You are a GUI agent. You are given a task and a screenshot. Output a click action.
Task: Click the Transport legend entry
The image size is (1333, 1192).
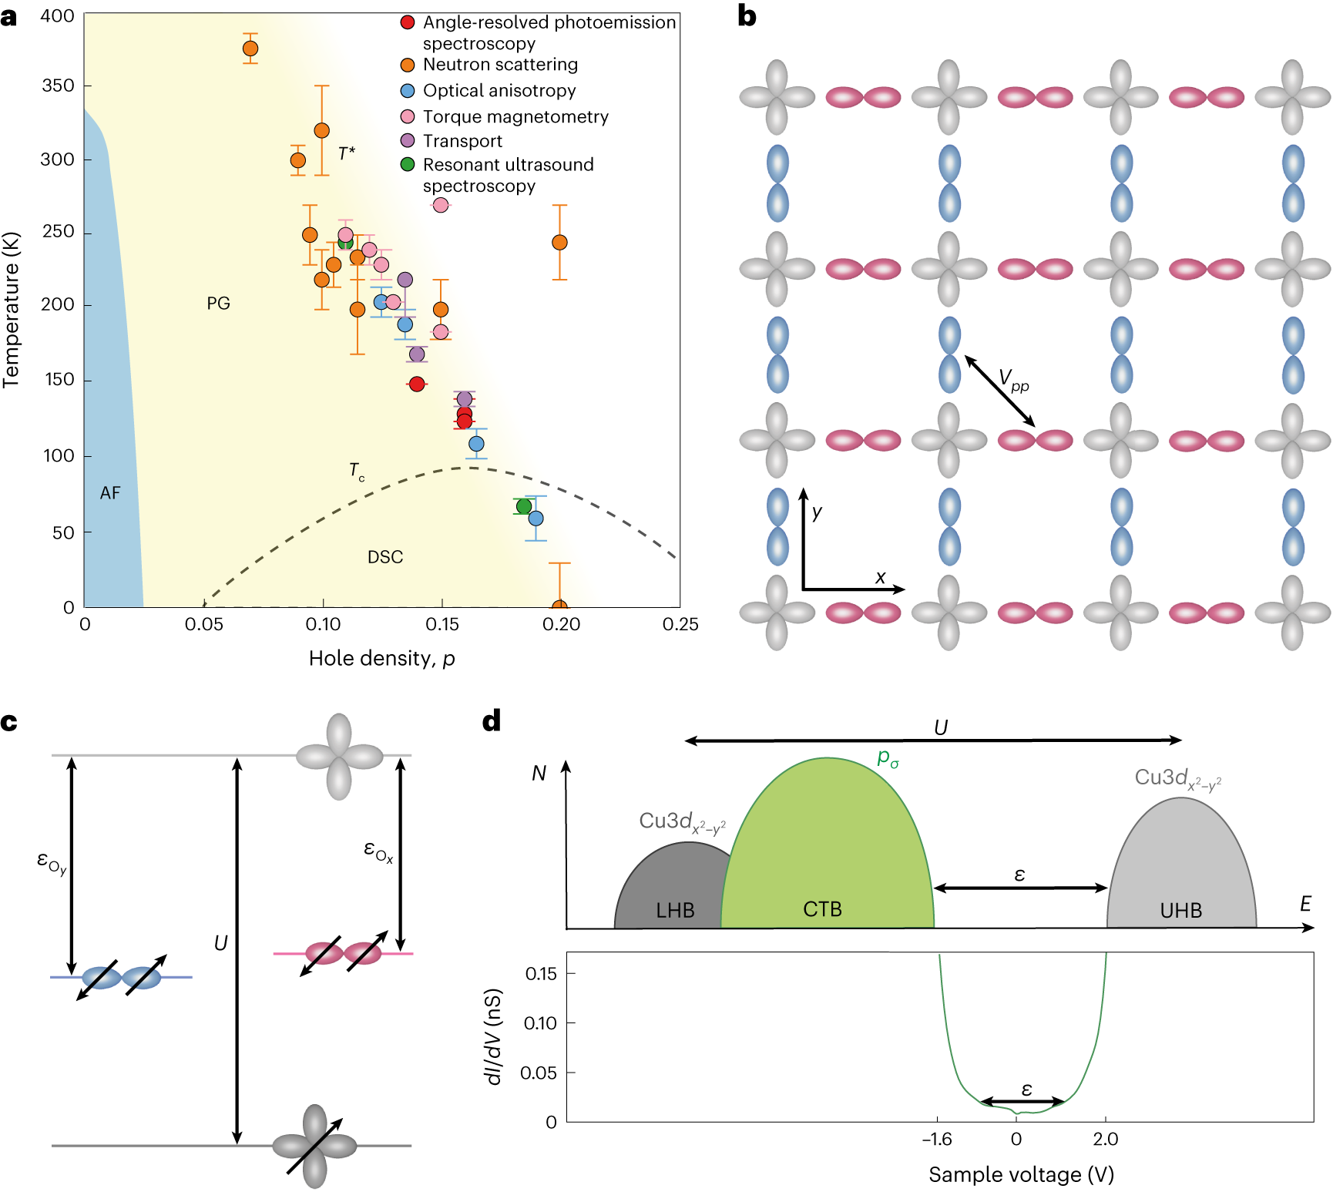[x=462, y=141]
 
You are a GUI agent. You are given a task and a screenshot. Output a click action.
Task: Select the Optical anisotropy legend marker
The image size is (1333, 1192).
[x=408, y=91]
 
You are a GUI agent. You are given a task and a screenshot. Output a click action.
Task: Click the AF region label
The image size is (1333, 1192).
[x=110, y=493]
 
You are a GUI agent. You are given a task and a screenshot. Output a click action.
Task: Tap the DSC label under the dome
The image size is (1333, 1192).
[x=385, y=557]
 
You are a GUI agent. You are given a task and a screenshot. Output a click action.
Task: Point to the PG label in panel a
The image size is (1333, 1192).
[x=218, y=304]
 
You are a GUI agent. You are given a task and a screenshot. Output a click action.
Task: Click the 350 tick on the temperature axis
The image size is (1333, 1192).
[x=59, y=86]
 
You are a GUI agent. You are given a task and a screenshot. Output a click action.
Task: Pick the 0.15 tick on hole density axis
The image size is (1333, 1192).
[x=442, y=624]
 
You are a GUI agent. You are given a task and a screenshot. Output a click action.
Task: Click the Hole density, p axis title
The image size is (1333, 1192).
[x=381, y=659]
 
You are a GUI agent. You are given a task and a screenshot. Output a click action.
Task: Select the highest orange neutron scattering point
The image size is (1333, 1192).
[x=250, y=49]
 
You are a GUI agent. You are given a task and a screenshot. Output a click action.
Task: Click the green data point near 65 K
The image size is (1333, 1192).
[x=524, y=506]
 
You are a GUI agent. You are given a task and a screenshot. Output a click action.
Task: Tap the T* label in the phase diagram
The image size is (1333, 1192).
[x=347, y=153]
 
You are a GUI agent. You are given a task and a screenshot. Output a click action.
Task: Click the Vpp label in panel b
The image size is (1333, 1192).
[x=1013, y=380]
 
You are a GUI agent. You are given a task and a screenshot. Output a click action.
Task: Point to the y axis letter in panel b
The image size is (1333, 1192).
[x=817, y=512]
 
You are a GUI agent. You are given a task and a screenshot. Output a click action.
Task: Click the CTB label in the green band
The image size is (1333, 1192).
[x=822, y=910]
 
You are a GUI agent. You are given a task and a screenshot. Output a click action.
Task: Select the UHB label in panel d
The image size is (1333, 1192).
[x=1180, y=911]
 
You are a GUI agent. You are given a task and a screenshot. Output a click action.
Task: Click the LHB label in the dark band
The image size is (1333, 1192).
[x=675, y=911]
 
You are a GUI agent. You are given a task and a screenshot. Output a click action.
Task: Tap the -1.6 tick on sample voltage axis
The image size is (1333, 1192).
[x=937, y=1140]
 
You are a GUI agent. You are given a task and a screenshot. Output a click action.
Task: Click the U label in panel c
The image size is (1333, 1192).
[x=221, y=943]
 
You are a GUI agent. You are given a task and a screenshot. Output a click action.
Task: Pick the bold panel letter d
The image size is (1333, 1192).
[x=491, y=722]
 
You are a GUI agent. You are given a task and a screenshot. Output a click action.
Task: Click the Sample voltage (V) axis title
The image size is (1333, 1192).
[x=1021, y=1175]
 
